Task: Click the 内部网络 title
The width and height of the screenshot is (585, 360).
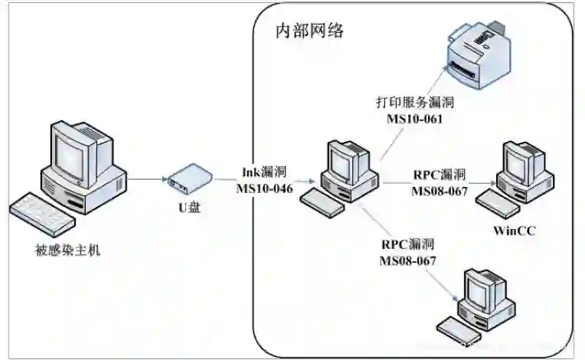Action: tap(309, 31)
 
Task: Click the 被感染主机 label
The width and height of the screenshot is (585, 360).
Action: tap(67, 250)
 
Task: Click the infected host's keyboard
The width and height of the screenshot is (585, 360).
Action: tap(46, 214)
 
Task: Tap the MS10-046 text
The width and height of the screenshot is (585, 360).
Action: tap(264, 189)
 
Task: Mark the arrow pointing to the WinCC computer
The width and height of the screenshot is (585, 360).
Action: tap(436, 183)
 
